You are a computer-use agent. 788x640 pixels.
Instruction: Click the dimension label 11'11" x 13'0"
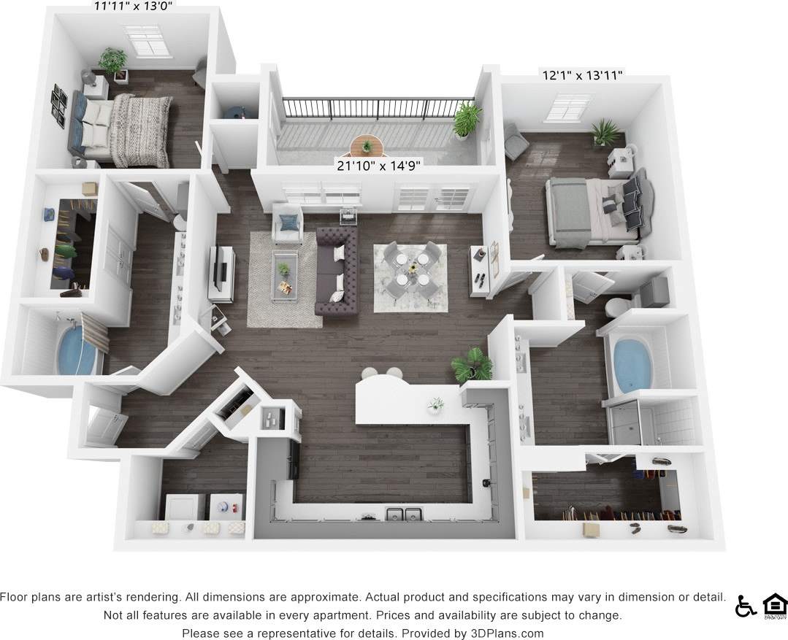click(x=135, y=7)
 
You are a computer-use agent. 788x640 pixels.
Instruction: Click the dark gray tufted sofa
click(x=337, y=270)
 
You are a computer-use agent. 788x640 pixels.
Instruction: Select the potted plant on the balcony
click(x=466, y=119)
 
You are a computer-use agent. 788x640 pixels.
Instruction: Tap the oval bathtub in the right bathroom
click(x=632, y=363)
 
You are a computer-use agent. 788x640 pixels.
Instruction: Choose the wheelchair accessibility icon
click(x=745, y=606)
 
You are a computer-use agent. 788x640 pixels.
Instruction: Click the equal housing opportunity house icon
click(x=774, y=606)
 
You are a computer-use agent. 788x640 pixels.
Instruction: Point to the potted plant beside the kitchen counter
click(x=471, y=365)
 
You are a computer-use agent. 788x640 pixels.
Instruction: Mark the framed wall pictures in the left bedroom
click(x=58, y=105)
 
